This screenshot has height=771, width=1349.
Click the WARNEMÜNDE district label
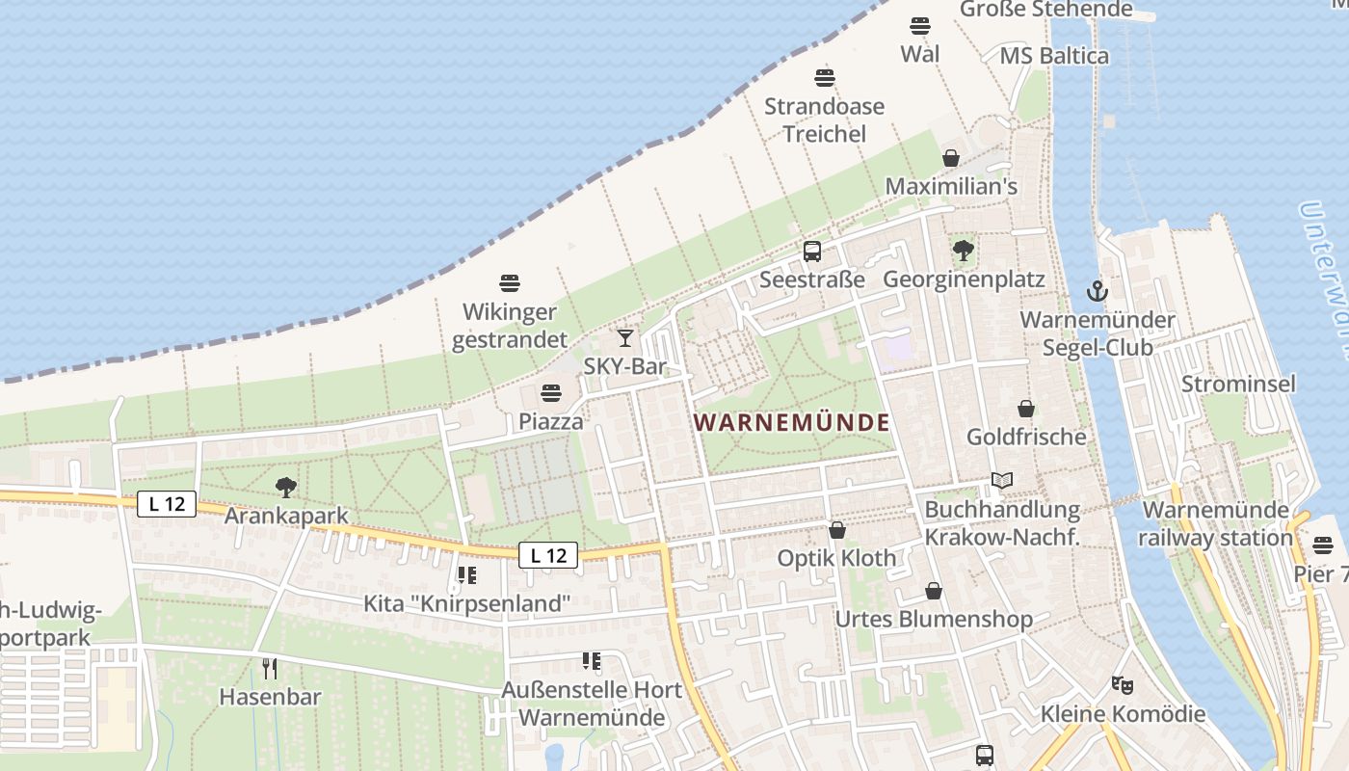(791, 422)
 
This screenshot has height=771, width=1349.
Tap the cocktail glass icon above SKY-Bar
(625, 337)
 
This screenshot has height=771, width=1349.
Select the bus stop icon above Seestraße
(812, 252)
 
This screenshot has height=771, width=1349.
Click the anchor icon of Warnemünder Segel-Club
(1097, 290)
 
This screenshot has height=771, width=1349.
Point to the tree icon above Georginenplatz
(963, 251)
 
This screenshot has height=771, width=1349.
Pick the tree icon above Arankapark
(286, 487)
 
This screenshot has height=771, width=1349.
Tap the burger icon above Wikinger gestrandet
(510, 283)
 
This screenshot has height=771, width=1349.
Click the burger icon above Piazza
(551, 393)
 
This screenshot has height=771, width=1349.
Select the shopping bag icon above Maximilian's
(951, 158)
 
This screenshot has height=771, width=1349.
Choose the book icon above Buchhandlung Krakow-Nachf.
(1002, 480)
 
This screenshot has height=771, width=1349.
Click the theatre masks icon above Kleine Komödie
(1123, 685)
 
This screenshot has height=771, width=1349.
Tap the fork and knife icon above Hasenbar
(270, 667)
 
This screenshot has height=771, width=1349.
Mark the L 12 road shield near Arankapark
(167, 503)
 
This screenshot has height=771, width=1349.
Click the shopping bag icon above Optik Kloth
(837, 530)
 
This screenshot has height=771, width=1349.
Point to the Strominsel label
(1238, 384)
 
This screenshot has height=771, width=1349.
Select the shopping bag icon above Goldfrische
(1026, 409)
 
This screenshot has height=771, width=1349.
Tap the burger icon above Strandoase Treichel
(824, 77)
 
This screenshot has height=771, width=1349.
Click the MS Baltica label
(1054, 56)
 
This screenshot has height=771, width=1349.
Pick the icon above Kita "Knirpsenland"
(467, 575)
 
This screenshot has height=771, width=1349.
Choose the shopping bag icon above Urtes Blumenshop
(933, 590)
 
